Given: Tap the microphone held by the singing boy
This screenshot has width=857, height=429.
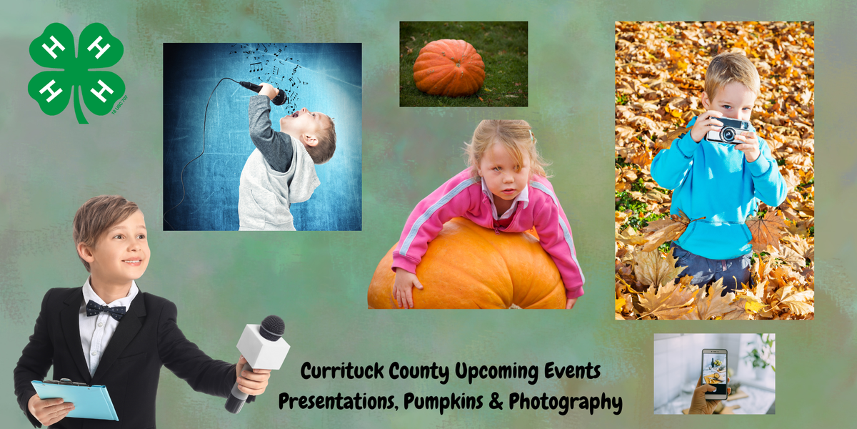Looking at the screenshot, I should pyautogui.click(x=263, y=91).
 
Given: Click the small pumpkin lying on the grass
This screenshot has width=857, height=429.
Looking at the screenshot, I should pyautogui.click(x=448, y=67).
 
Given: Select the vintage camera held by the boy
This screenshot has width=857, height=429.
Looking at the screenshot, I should pyautogui.click(x=728, y=131).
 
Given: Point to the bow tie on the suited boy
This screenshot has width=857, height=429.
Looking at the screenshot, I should pyautogui.click(x=106, y=310).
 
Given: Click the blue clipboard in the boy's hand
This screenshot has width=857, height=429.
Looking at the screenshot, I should pyautogui.click(x=74, y=399).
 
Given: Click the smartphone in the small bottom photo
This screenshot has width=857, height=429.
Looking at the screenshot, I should pyautogui.click(x=713, y=372).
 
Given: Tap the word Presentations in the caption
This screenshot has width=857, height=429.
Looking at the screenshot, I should pyautogui.click(x=337, y=402).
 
